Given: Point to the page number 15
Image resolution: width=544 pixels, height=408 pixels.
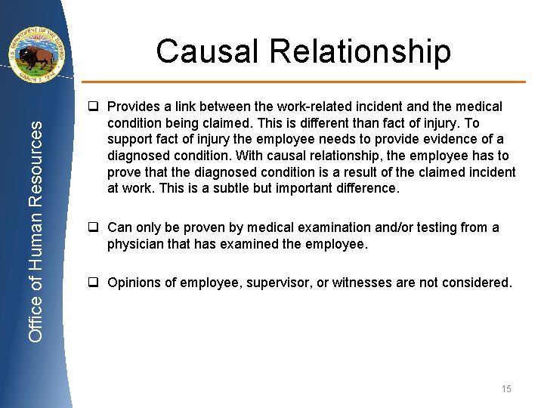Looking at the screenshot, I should point(505,388).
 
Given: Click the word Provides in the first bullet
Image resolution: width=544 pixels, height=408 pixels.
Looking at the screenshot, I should point(133,107).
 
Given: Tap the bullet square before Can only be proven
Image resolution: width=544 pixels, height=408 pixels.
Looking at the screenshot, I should point(94,227).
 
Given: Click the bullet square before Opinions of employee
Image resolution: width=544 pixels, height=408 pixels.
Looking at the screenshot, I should point(94,283).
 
